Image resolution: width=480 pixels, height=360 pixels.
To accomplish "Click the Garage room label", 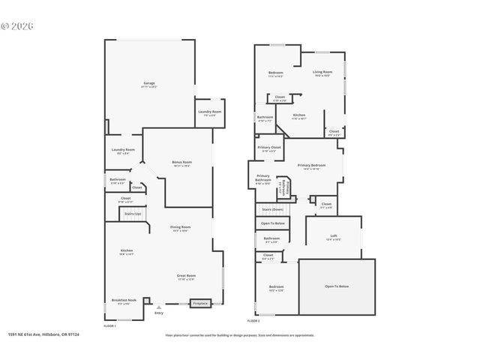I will (149, 82).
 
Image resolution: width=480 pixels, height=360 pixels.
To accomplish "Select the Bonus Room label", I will (181, 162).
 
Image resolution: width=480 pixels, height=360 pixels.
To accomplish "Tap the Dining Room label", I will (180, 226).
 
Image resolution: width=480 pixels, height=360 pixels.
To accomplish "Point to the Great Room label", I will (186, 276).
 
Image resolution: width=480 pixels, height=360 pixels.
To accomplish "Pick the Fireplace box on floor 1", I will (200, 304).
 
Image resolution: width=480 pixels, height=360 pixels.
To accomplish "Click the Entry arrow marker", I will (158, 307).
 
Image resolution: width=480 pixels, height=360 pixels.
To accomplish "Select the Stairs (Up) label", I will (133, 214).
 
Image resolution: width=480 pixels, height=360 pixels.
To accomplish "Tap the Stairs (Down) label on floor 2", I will (272, 208).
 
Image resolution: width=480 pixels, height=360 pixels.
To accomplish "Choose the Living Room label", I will (322, 72).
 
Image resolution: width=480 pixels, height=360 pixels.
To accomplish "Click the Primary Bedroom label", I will (311, 165).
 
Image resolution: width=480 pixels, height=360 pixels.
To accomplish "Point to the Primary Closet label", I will (270, 148).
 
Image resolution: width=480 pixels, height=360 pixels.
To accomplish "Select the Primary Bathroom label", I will (262, 178).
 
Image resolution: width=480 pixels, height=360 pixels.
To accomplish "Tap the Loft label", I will (333, 236).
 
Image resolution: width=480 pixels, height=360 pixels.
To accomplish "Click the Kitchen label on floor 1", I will (127, 250).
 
